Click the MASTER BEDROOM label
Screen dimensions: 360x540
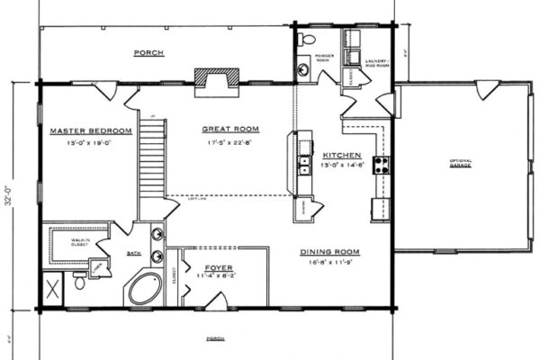click(x=91, y=130)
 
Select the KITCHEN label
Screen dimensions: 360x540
click(x=342, y=154)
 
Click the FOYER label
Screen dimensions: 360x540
click(x=220, y=267)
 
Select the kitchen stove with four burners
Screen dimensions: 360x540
click(x=381, y=165)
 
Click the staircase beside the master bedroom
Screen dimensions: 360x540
click(x=151, y=162)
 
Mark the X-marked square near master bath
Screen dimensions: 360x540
click(x=53, y=291)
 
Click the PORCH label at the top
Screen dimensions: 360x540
click(x=148, y=53)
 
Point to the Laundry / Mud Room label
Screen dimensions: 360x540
click(x=376, y=62)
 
